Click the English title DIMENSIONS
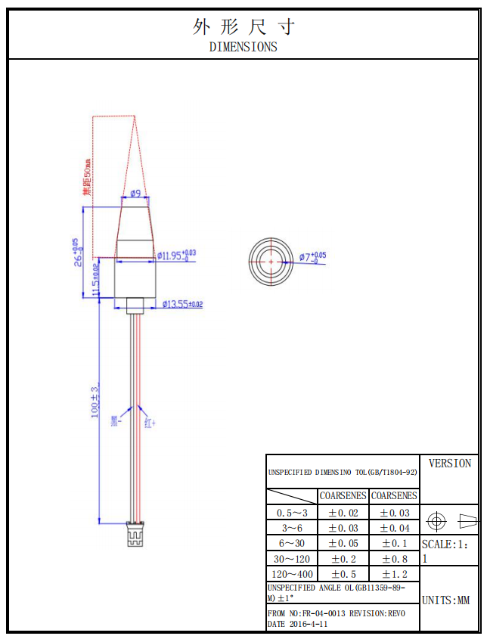243,47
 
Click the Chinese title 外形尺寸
243,27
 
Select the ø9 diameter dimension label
135,194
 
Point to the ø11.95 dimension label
177,255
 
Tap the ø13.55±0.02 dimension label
182,304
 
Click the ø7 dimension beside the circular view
312,257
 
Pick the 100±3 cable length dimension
95,401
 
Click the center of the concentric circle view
270,262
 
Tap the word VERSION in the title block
449,464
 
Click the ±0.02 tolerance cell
343,513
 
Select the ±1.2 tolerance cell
393,574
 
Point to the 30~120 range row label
292,559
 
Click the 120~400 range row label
292,574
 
